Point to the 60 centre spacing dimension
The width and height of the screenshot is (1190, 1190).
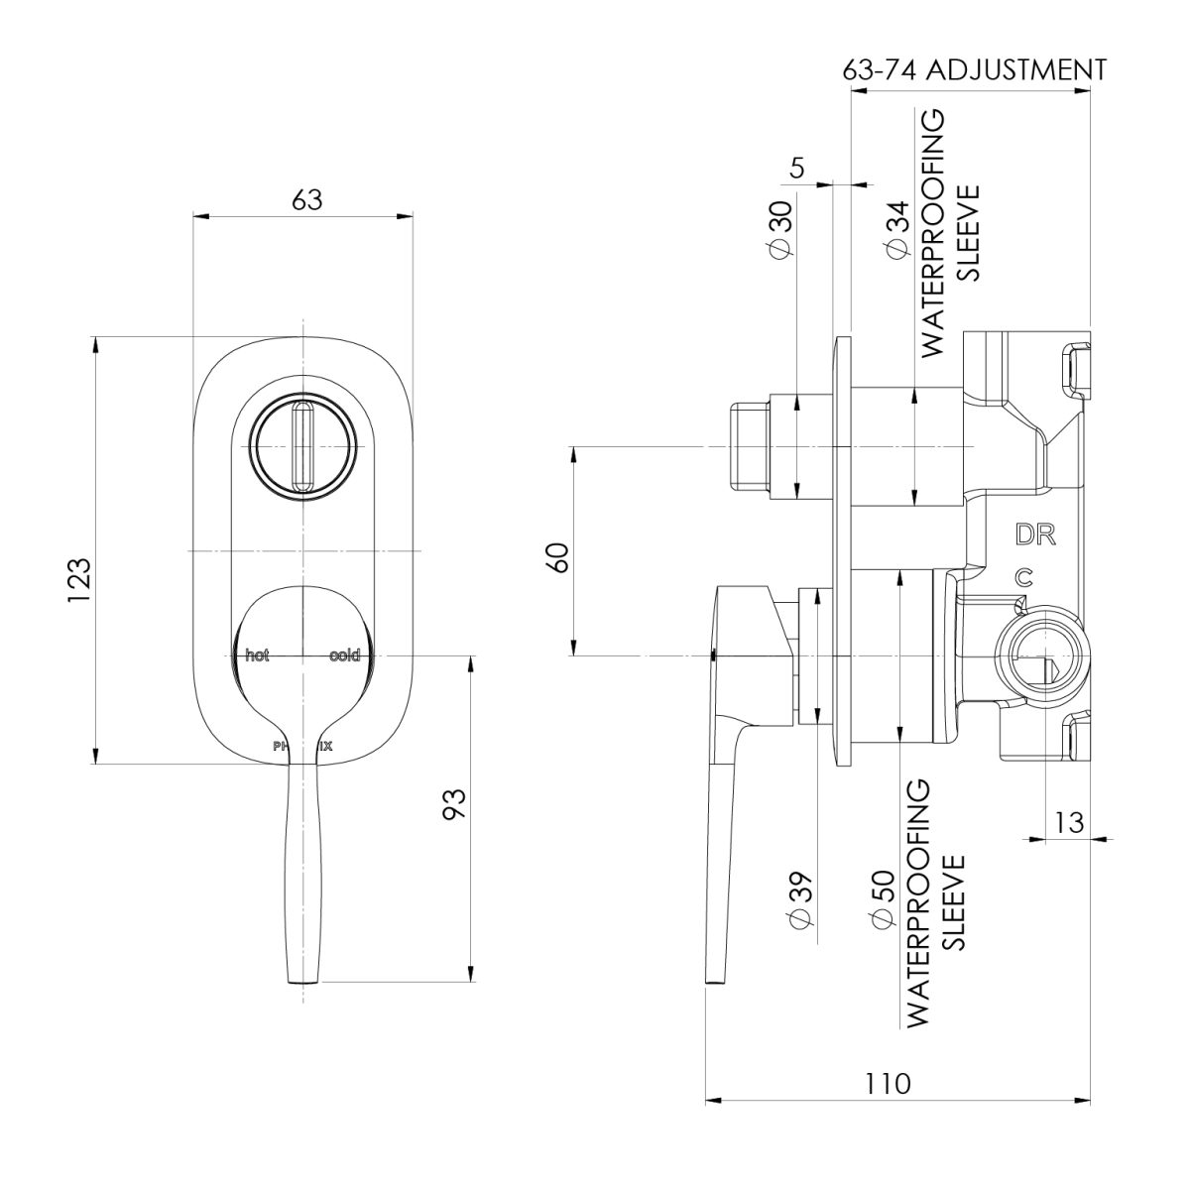click(558, 555)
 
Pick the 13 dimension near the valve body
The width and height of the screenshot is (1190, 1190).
click(1069, 822)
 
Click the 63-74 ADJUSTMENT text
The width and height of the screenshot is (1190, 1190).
click(973, 69)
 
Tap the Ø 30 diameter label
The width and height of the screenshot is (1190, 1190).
click(779, 230)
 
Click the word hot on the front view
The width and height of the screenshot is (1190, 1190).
click(258, 654)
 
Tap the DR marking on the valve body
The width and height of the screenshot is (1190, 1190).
click(1035, 535)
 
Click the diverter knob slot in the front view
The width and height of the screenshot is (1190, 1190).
click(303, 446)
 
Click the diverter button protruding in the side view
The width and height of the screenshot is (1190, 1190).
click(750, 446)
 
